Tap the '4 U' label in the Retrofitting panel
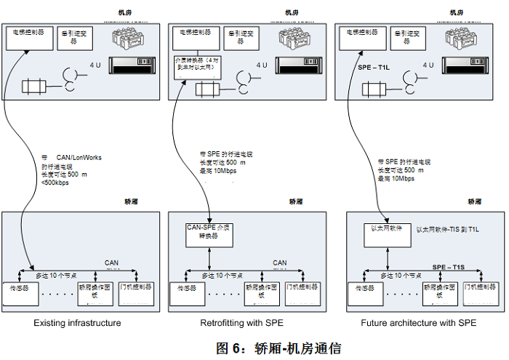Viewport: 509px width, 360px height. pyautogui.click(x=260, y=65)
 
